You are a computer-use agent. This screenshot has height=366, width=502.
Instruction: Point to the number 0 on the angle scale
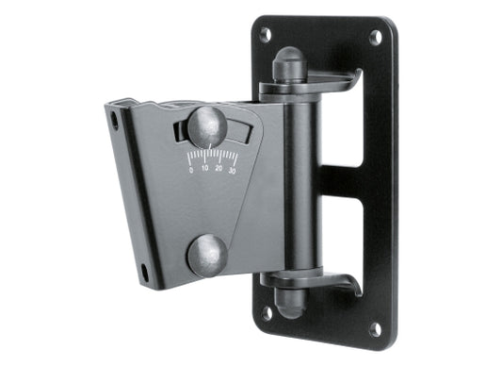(191, 170)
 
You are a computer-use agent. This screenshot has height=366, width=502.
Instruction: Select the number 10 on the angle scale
(205, 170)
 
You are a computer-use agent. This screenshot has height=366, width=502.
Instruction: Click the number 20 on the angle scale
(219, 170)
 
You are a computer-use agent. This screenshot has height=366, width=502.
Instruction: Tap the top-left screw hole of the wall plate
(266, 34)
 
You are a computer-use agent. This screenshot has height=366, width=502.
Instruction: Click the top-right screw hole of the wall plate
(376, 37)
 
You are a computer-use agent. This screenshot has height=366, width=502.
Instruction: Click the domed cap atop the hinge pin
(285, 69)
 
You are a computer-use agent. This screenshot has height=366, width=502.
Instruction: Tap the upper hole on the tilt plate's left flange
(114, 121)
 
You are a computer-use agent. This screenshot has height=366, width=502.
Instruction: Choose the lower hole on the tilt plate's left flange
(145, 273)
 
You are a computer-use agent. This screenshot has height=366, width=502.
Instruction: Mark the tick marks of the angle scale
(211, 157)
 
